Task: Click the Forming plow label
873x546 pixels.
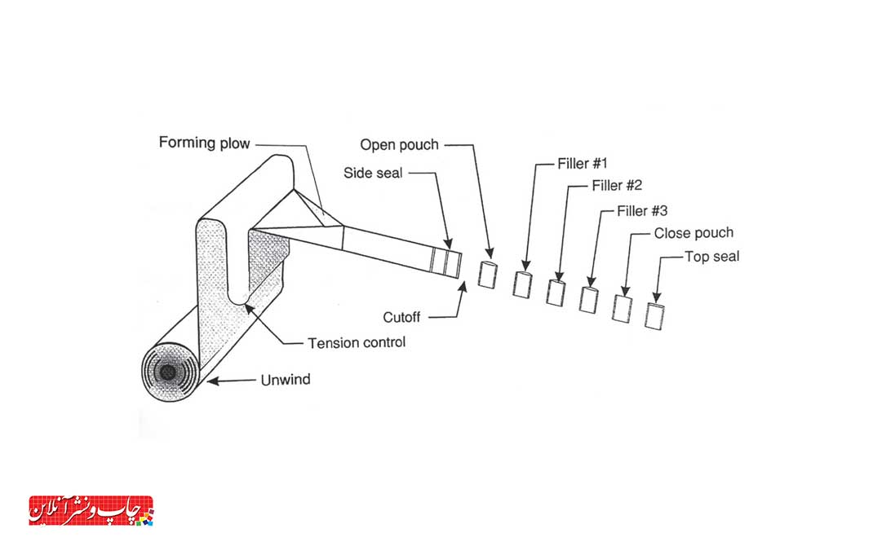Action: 204,143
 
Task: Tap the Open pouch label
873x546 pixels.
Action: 399,145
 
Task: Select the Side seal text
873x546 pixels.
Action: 373,173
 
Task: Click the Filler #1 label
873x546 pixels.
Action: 582,164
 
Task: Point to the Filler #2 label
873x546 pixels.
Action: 617,185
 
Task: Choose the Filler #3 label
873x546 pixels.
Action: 642,211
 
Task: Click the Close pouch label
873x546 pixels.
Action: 694,233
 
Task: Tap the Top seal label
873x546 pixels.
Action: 711,257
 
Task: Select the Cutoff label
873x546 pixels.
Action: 401,318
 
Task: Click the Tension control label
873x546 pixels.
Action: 357,342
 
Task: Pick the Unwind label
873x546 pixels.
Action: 285,380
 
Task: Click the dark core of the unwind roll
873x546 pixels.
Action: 167,372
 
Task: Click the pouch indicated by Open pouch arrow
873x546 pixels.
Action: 487,274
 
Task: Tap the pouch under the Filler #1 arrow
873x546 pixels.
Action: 522,284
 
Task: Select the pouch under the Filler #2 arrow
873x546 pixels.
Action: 556,293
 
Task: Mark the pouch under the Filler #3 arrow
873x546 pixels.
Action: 588,300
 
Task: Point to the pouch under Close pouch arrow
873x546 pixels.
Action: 622,308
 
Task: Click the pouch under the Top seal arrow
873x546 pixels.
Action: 654,316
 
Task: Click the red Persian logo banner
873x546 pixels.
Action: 91,511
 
